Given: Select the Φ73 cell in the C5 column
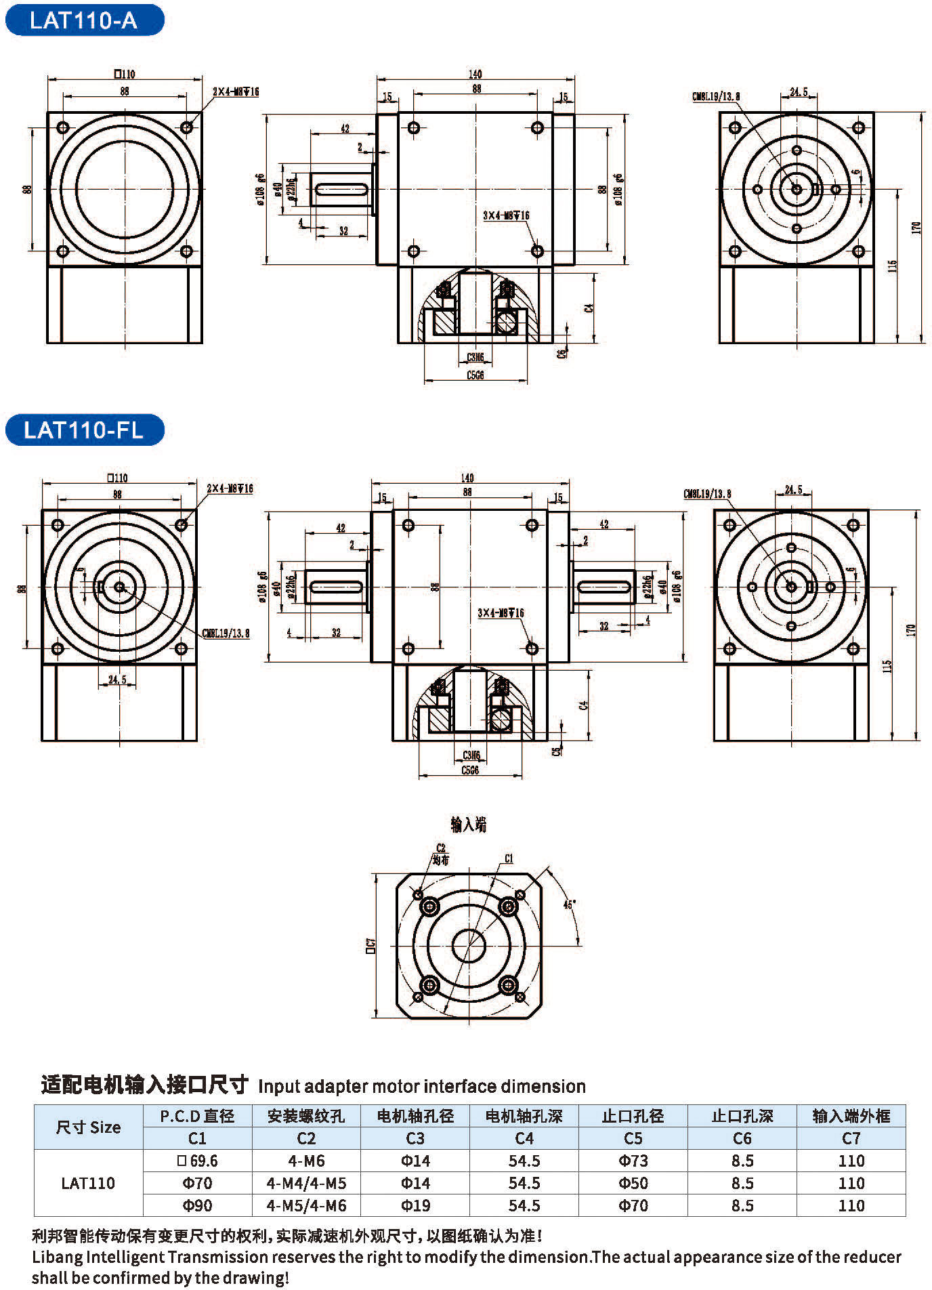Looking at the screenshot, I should point(633,1161).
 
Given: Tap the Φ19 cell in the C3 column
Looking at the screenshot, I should point(415,1205).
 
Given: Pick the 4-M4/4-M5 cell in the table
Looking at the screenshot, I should point(306,1183).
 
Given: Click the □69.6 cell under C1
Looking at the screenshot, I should point(197,1161).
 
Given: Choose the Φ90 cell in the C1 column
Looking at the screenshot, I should point(197,1205).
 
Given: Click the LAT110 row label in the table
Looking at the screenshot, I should point(88,1183).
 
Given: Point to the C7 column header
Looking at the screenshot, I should point(851,1138).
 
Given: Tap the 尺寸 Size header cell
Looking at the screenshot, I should point(88,1127).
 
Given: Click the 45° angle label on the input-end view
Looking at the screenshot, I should point(569,904).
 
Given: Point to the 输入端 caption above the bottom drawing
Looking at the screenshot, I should point(468,825).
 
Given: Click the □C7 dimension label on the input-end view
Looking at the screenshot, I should point(370,944).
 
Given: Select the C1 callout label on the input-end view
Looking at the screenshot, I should point(509,858).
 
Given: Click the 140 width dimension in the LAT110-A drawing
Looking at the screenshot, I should point(475,74).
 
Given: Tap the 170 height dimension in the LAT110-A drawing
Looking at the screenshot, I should point(916,228).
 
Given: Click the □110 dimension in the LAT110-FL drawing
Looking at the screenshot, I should point(118,478).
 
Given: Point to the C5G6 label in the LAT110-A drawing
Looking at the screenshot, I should point(475,375).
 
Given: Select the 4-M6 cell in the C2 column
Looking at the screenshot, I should point(306,1161).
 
